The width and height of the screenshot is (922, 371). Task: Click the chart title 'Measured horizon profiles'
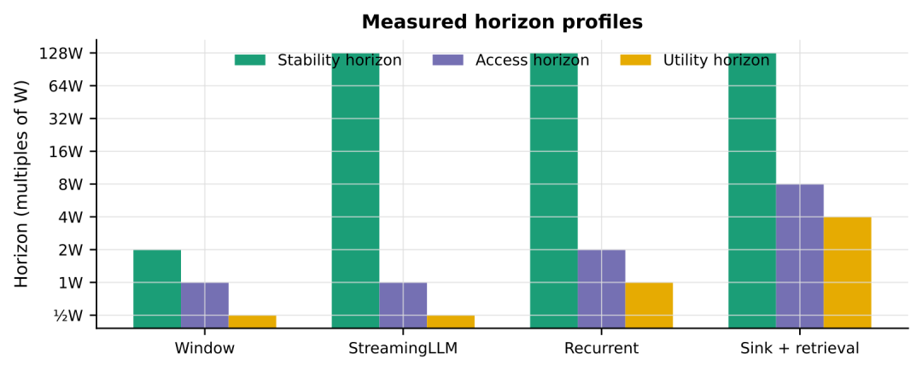pos(502,21)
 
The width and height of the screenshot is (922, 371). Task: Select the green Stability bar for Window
pos(157,289)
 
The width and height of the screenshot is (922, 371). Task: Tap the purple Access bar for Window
pos(205,305)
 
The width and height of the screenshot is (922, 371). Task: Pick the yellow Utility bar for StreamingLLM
pos(451,322)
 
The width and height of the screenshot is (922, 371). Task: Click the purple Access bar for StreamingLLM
pos(403,305)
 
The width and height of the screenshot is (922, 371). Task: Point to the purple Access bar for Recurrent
pos(602,289)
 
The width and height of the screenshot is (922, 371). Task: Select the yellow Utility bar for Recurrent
pos(649,305)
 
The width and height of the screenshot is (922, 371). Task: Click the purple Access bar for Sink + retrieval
pos(800,256)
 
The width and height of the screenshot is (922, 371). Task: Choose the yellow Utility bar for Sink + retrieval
pos(848,272)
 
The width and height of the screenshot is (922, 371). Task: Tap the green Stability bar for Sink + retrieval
pos(752,191)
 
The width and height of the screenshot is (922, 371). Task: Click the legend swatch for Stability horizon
pos(250,60)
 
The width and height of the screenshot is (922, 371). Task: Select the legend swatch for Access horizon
pos(448,60)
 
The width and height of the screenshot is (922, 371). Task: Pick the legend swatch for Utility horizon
pos(636,60)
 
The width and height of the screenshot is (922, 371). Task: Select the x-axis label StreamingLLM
pos(403,348)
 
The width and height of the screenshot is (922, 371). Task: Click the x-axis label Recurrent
pos(602,348)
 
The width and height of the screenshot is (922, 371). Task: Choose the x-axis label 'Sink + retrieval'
pos(800,348)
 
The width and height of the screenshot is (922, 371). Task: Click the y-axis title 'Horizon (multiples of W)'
pos(21,183)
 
